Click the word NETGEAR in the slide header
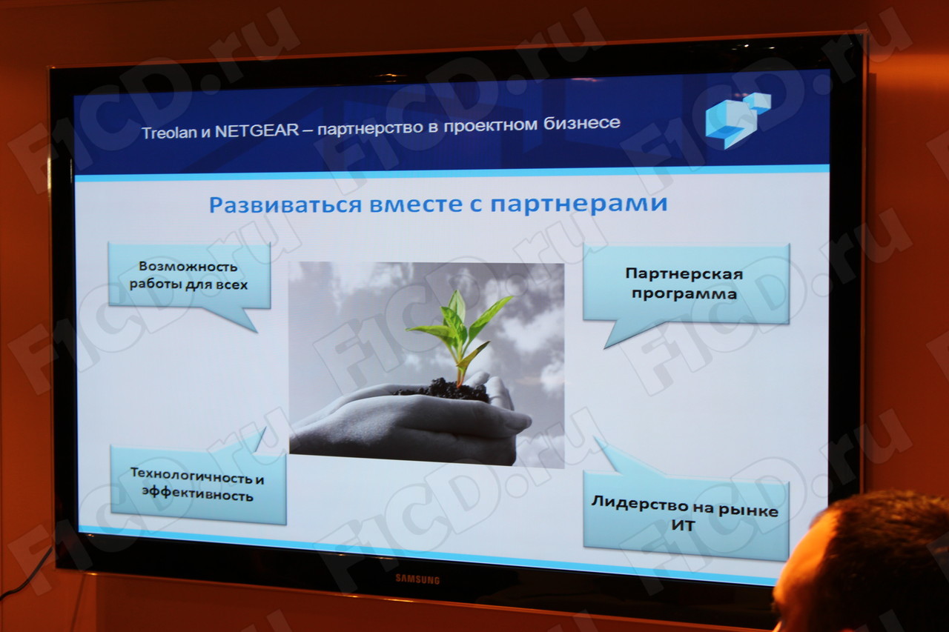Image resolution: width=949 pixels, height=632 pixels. tap(257, 130)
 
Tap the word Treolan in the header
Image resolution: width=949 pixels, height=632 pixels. tap(169, 133)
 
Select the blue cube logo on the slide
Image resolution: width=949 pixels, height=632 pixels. tap(738, 120)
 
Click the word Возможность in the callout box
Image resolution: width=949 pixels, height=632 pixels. tap(188, 267)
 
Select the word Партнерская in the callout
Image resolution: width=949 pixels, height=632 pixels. tap(684, 273)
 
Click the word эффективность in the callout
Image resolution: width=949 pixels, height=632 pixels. tap(197, 494)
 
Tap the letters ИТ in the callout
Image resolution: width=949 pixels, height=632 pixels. tap(683, 526)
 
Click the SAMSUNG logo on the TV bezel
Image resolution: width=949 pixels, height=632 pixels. tap(417, 579)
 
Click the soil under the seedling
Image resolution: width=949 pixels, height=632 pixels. tap(443, 390)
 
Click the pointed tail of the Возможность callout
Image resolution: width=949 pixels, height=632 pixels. tap(256, 331)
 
